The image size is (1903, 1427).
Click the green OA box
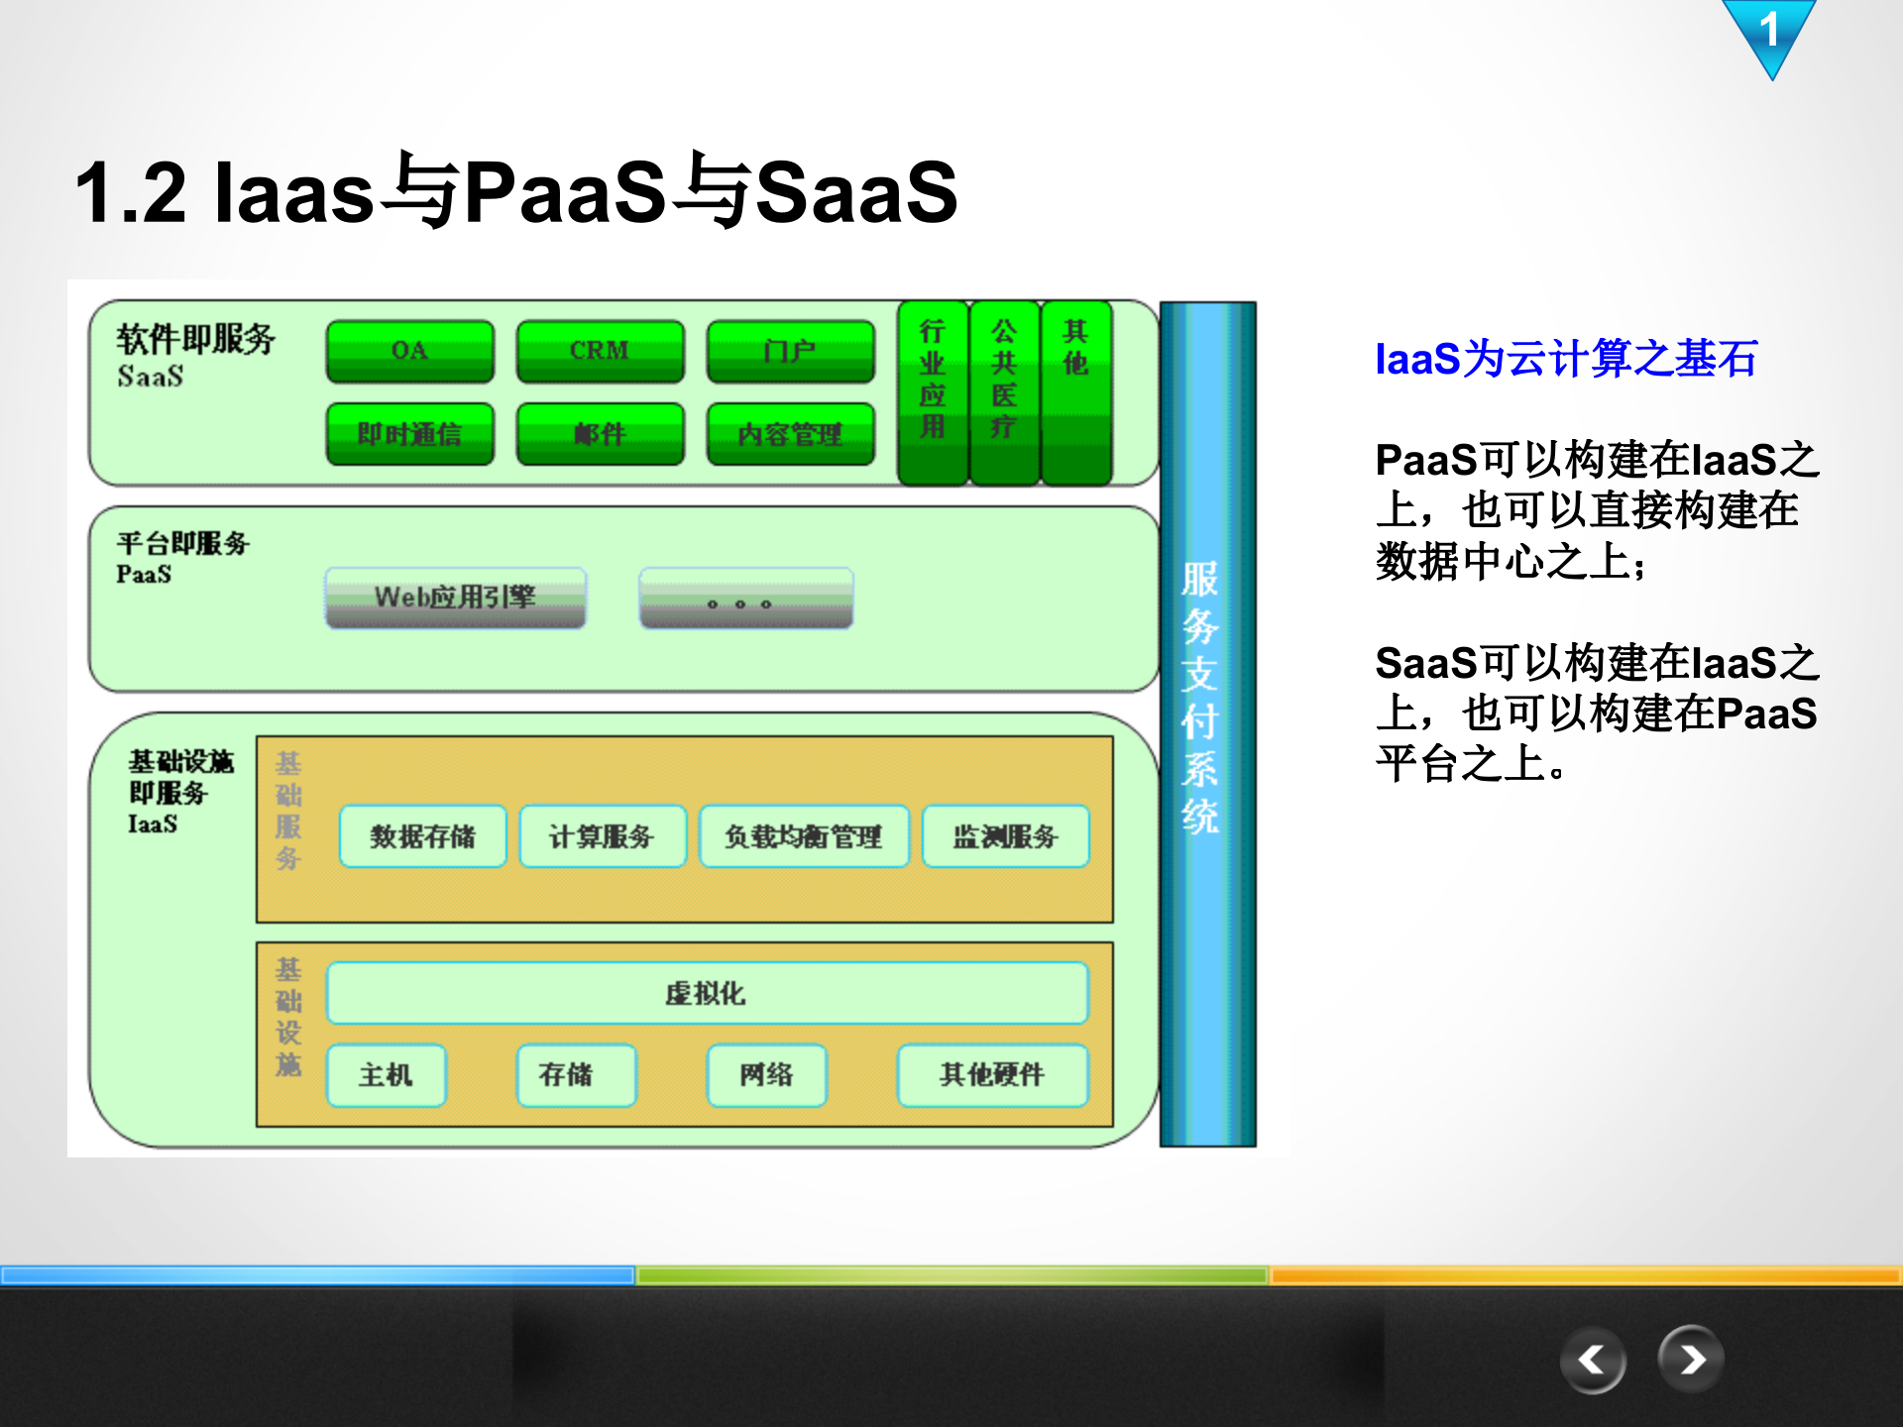click(409, 351)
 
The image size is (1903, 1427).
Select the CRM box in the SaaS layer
click(600, 351)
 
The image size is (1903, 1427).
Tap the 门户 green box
click(790, 351)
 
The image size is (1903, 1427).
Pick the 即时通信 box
click(409, 434)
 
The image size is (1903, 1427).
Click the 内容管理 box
click(790, 434)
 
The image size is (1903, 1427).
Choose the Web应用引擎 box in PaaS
click(455, 598)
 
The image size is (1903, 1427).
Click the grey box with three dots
click(745, 599)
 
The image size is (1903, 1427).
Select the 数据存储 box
click(422, 836)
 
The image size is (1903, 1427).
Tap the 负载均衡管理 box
click(804, 836)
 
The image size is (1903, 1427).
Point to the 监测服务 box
click(1005, 836)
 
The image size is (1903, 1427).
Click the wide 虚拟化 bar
click(707, 993)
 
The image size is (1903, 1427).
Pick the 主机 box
click(386, 1075)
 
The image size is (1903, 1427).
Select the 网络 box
click(766, 1075)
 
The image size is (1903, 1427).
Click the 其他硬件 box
click(992, 1075)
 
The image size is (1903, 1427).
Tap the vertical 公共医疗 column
click(1004, 393)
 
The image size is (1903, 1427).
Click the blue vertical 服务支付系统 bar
click(1207, 723)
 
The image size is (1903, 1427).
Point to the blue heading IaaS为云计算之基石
click(1566, 359)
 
